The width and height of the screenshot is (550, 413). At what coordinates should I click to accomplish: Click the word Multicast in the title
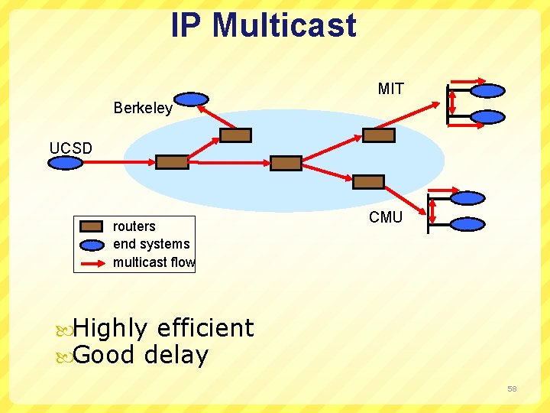284,24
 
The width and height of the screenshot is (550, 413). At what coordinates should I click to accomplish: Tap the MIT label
390,89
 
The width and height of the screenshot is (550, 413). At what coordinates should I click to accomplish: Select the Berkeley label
143,108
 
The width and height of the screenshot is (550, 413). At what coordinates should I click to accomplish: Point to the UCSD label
70,148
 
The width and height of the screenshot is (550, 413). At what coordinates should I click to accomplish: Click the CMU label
385,217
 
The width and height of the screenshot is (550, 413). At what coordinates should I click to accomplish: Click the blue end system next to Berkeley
192,99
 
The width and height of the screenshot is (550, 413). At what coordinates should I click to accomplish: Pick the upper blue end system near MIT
487,90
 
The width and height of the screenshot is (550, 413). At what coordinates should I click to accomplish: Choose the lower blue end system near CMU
467,224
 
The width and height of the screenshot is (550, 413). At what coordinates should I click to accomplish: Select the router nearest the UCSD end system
172,161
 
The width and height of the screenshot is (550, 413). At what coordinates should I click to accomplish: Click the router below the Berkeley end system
235,135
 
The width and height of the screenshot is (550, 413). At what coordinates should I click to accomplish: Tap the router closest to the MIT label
379,135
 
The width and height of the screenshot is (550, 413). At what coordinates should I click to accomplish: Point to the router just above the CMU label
368,181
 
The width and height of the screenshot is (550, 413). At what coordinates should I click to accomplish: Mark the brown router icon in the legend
92,226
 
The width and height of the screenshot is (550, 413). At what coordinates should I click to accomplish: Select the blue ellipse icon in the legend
92,245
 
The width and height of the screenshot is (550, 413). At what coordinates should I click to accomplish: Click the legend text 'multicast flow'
154,262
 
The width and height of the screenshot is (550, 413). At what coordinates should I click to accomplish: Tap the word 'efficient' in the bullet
205,328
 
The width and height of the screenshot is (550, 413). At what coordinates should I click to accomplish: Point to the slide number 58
512,389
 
